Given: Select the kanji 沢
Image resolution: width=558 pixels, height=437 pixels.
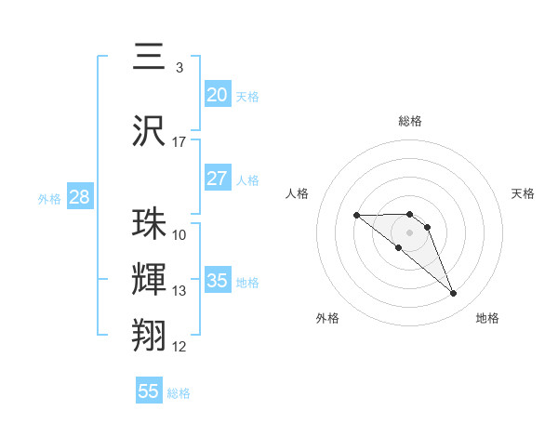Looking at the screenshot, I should (x=149, y=131).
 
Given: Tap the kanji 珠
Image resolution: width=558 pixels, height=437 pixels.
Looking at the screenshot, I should (x=149, y=224).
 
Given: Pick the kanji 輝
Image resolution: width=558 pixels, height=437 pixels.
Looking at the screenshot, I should (x=149, y=279).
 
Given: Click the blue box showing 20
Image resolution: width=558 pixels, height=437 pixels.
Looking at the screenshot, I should (x=217, y=95).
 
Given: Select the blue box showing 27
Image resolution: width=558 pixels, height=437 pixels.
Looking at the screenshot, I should (x=217, y=179).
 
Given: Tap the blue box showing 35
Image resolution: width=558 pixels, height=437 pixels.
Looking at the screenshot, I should (x=217, y=281).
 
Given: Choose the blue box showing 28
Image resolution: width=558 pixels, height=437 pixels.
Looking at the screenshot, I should (x=79, y=197).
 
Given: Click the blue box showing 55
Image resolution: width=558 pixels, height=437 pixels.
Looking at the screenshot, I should (x=149, y=391).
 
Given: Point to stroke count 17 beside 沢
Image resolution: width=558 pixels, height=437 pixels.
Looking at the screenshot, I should (x=179, y=142).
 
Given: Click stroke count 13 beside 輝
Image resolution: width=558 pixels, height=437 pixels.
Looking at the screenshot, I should (x=179, y=291).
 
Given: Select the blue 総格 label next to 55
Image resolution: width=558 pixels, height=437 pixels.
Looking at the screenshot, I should (x=179, y=393).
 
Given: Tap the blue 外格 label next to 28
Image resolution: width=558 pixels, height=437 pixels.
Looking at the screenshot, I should (x=49, y=199).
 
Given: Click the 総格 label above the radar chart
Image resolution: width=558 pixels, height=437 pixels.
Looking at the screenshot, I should (x=409, y=121).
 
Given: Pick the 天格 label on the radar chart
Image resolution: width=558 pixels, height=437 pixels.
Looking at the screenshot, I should (x=523, y=193).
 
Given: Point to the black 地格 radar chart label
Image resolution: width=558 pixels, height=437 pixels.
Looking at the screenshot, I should (x=487, y=318).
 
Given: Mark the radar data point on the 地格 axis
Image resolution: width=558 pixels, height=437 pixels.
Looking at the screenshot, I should (x=453, y=294).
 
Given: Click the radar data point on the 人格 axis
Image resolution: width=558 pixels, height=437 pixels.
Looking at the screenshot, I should (x=357, y=216).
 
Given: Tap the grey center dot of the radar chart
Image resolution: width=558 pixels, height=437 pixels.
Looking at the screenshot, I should (x=409, y=232).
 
